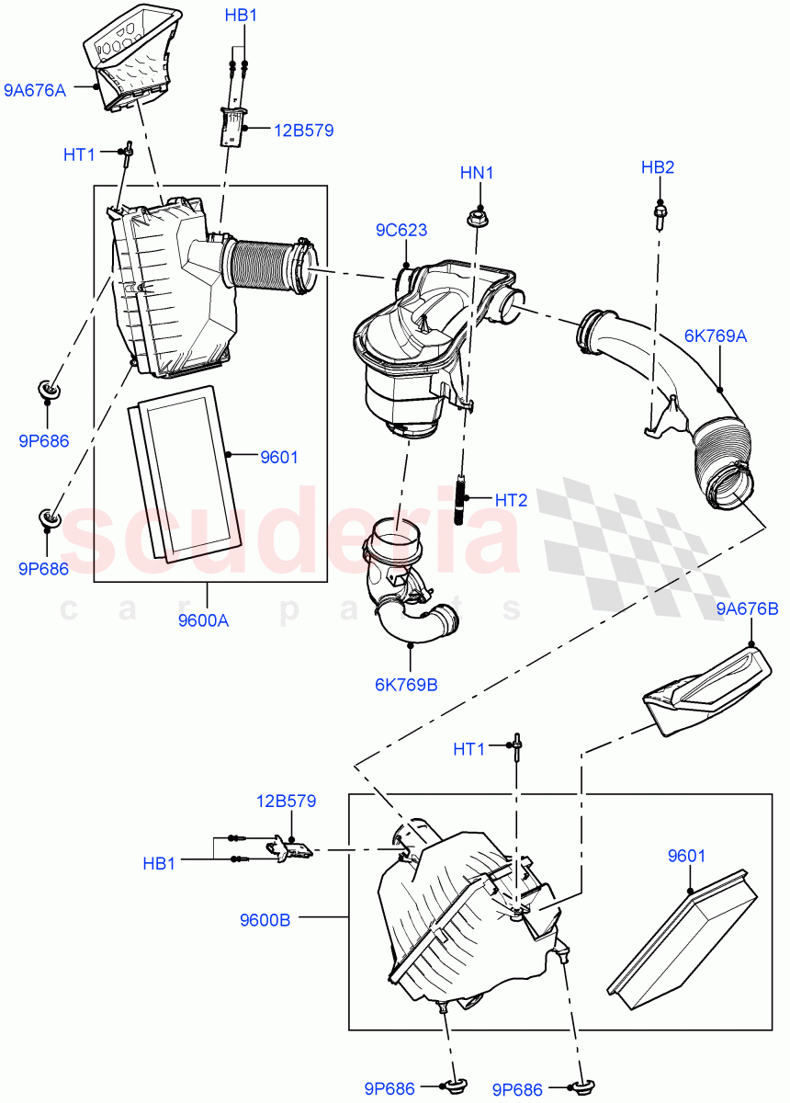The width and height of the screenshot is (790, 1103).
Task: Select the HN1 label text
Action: [477, 172]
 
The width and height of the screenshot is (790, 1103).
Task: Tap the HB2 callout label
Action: [658, 166]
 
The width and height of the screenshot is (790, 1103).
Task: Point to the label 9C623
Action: [401, 230]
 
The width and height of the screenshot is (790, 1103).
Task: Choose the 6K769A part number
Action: [715, 336]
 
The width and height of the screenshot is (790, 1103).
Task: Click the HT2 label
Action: [511, 500]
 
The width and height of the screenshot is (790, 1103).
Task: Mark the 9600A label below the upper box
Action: [203, 620]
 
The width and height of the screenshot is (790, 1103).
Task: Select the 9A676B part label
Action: [747, 608]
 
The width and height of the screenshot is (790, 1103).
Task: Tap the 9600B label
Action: [265, 918]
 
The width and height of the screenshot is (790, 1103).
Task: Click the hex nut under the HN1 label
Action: [477, 218]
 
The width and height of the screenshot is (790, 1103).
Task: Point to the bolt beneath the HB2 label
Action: [659, 213]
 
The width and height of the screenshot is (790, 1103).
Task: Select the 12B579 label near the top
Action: [303, 131]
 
